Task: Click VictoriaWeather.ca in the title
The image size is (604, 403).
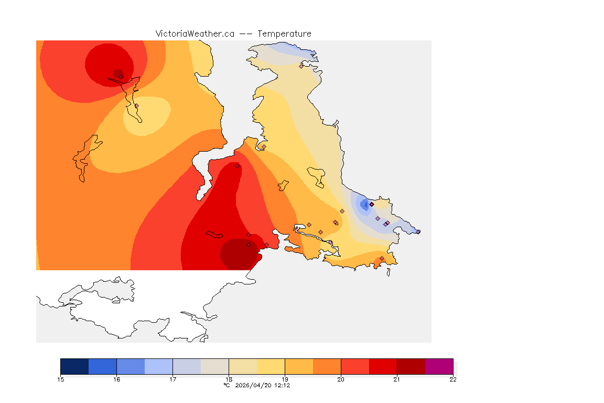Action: (x=195, y=34)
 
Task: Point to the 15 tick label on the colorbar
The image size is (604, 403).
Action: (x=60, y=379)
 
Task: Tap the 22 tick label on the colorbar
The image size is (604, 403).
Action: (x=453, y=379)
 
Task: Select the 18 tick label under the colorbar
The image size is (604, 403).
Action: (x=229, y=379)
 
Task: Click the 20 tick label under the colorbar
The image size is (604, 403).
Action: (x=341, y=379)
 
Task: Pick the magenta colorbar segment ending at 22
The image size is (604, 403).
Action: (x=439, y=366)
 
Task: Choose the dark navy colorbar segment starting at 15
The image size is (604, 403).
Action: (x=74, y=366)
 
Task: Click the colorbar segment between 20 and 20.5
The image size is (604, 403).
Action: (x=355, y=366)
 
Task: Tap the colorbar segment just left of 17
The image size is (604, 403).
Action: (x=158, y=366)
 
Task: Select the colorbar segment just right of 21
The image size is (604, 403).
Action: (x=411, y=366)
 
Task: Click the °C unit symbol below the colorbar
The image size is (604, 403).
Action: (x=226, y=385)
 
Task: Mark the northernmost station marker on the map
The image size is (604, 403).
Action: (x=301, y=66)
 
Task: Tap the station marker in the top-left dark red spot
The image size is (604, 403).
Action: (x=121, y=77)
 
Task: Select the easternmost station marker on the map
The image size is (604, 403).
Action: (x=418, y=231)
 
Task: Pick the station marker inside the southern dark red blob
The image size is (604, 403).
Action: (x=249, y=245)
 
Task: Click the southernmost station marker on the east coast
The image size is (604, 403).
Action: (x=382, y=258)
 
